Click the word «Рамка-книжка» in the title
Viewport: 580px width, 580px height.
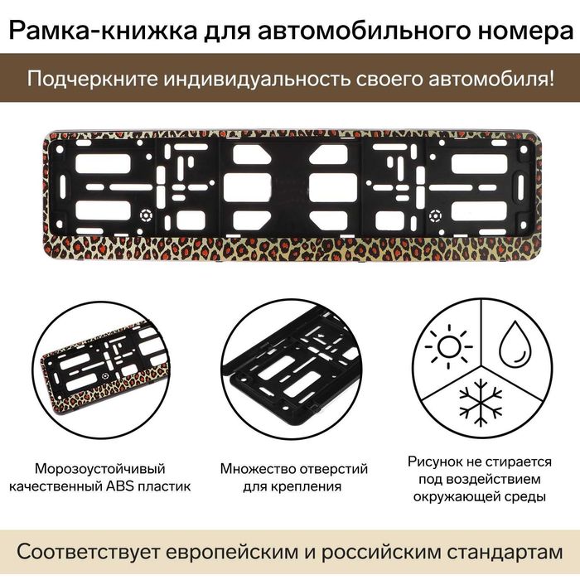(x=103, y=31)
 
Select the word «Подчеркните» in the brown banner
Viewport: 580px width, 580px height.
(x=93, y=80)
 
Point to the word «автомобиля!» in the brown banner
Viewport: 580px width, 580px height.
(x=491, y=79)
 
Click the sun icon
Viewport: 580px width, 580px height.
(x=449, y=346)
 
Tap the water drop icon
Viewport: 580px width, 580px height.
(x=515, y=345)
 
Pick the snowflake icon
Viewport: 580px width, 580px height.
(x=481, y=402)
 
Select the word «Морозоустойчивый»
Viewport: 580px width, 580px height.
(x=100, y=469)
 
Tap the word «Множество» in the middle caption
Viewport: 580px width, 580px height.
(x=258, y=469)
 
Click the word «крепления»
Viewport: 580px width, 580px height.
(x=310, y=486)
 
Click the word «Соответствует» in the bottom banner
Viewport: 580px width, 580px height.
(x=89, y=553)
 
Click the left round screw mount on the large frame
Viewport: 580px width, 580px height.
(x=146, y=215)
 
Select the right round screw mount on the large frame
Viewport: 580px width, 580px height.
(x=435, y=215)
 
